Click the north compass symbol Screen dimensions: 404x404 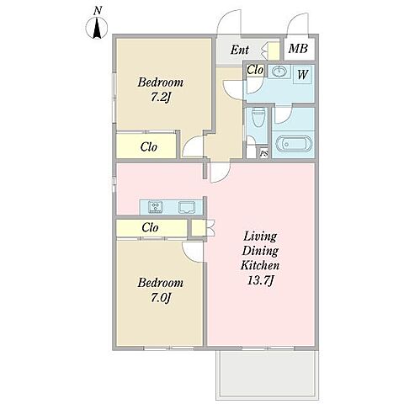click(x=97, y=28)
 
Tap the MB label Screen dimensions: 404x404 click(x=298, y=49)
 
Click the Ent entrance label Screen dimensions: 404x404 click(x=240, y=50)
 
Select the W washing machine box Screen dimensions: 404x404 click(x=302, y=74)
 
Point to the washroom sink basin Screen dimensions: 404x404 click(x=279, y=72)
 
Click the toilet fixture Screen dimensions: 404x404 click(x=258, y=117)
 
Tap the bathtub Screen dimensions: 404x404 click(x=294, y=144)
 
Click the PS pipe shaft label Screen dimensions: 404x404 click(x=264, y=154)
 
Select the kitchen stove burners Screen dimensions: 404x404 click(x=155, y=207)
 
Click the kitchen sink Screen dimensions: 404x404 click(x=187, y=207)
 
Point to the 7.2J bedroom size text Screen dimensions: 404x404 click(x=161, y=98)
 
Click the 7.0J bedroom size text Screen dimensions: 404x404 click(x=161, y=297)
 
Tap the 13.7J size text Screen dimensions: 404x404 click(x=260, y=280)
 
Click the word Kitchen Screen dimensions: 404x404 click(x=260, y=265)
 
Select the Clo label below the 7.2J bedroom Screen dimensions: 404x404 click(x=149, y=146)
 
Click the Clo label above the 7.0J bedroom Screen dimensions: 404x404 click(x=150, y=227)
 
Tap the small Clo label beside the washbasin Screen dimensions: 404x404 click(x=255, y=70)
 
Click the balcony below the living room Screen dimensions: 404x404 click(x=268, y=375)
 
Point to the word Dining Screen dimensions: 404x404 click(x=260, y=251)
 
